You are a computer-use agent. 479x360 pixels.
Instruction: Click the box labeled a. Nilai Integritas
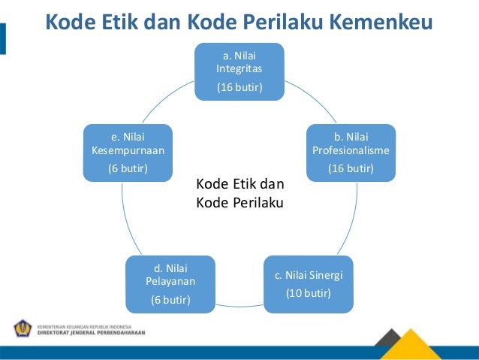[239, 71]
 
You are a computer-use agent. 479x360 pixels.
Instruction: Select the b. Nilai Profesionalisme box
[351, 153]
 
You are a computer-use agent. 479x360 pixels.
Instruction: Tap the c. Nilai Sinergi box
[308, 283]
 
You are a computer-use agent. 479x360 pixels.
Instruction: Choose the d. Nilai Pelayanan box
[170, 284]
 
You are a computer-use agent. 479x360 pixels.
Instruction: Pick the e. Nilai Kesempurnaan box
[128, 153]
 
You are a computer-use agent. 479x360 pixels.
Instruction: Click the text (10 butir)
[308, 292]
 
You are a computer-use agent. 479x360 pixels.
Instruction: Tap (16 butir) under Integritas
[239, 88]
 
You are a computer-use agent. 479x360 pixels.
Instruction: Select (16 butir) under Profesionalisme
[351, 168]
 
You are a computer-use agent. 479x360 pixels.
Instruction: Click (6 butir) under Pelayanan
[170, 301]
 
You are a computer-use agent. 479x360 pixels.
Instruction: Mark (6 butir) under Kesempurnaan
[128, 168]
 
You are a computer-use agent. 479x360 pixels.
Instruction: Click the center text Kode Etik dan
[240, 184]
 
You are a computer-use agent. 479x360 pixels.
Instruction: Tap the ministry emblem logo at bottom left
[23, 328]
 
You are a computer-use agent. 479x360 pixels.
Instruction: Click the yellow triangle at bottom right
[420, 344]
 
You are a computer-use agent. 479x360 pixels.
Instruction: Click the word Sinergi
[325, 274]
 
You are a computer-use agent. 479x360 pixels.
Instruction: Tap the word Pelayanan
[170, 281]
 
